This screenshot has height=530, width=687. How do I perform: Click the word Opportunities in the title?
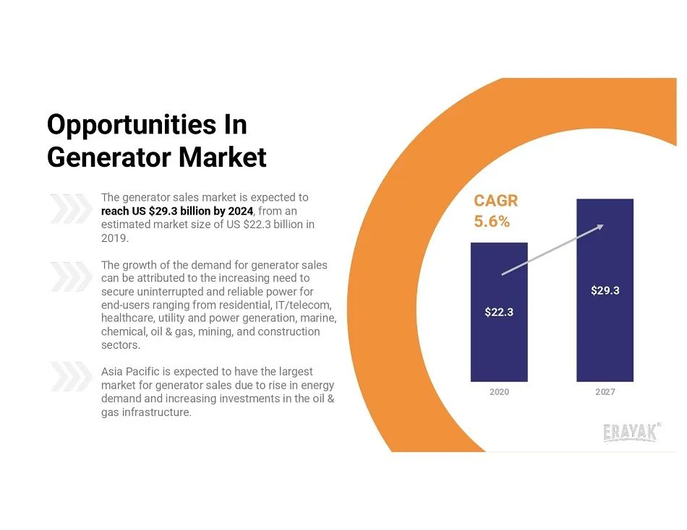tap(132, 126)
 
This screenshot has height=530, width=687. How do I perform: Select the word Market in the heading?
tap(223, 157)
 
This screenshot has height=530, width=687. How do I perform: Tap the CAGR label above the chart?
tap(495, 201)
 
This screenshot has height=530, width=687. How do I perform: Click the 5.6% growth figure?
tap(492, 222)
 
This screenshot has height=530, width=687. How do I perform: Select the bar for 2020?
tap(499, 312)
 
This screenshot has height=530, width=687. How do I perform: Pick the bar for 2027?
tap(605, 290)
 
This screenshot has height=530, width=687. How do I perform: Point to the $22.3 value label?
tap(499, 312)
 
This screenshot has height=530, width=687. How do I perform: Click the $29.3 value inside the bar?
tap(605, 290)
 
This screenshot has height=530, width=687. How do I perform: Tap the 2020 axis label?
tap(499, 391)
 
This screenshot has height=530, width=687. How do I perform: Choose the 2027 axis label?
tap(605, 391)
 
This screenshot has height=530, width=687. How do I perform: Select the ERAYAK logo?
tap(631, 432)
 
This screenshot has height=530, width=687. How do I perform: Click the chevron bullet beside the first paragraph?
tap(71, 209)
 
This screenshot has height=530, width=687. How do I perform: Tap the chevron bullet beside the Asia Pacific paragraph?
tap(71, 376)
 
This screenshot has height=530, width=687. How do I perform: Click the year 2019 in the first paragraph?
tap(115, 238)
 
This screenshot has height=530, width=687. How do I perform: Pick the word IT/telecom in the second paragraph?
tap(303, 305)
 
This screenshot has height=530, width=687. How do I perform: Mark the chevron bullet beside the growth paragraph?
tap(71, 277)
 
